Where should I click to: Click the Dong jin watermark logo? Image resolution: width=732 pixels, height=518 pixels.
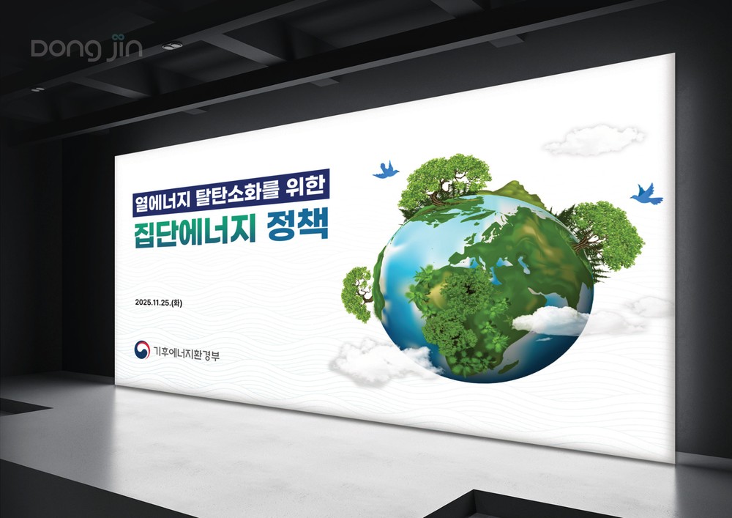[86, 48]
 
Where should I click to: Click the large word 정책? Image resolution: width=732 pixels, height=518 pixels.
[297, 225]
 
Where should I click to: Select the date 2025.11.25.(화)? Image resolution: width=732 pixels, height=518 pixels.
[159, 303]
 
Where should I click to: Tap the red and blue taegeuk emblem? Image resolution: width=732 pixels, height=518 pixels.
[142, 349]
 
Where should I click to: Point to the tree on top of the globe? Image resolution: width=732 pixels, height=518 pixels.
[444, 180]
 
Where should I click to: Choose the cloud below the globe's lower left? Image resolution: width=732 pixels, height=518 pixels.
[381, 361]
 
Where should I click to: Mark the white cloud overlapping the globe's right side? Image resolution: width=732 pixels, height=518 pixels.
[551, 321]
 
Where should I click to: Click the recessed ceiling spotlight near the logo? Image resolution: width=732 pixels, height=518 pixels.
[172, 45]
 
